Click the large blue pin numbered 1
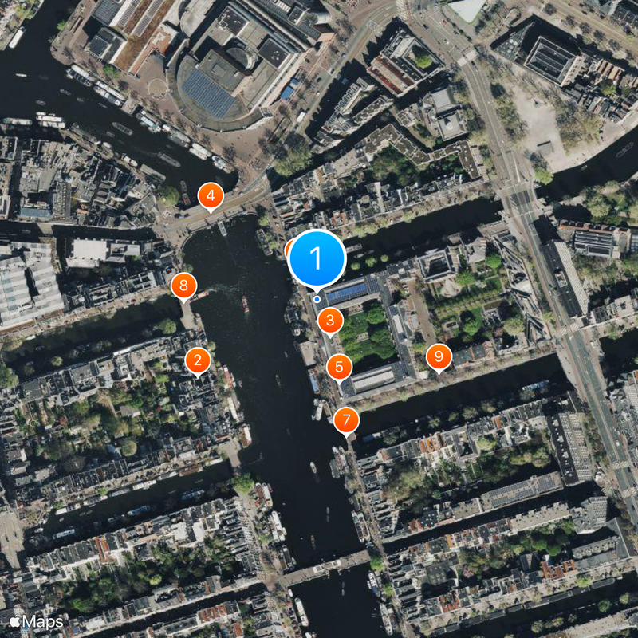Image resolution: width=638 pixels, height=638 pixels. coord(317,258)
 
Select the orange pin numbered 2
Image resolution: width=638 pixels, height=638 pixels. coord(197,360)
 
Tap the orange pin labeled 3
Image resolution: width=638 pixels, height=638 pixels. coord(330,322)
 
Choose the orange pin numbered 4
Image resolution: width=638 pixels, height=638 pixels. coord(211,195)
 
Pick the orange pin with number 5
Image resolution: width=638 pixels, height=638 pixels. coord(340,368)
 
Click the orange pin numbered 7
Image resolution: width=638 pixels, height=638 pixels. coord(346,419)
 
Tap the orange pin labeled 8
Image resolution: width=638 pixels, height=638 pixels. coord(184,285)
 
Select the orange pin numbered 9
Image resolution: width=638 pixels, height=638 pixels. coord(438,356)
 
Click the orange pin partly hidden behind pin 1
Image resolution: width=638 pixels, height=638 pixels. coord(290,249)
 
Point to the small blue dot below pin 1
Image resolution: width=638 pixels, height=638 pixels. coord(317,299)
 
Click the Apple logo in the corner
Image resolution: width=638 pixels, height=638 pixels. coord(14,620)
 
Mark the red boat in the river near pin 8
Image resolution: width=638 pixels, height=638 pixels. coord(246,303)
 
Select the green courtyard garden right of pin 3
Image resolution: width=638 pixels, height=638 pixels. coord(369,335)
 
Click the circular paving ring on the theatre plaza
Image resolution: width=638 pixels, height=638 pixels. coord(157,86)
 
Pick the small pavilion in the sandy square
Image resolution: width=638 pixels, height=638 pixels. coord(545,148)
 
